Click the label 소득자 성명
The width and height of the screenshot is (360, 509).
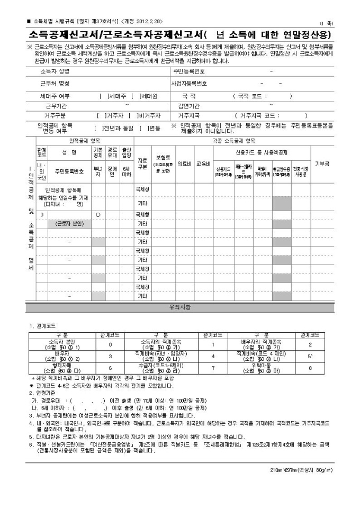55,71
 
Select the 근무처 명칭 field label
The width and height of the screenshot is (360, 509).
55,84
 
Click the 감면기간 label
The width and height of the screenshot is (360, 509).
187,106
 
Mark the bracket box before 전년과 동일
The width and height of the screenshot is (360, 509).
98,128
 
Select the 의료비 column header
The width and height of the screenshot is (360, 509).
184,163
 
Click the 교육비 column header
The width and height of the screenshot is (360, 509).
203,163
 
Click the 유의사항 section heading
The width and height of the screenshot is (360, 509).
179,306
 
